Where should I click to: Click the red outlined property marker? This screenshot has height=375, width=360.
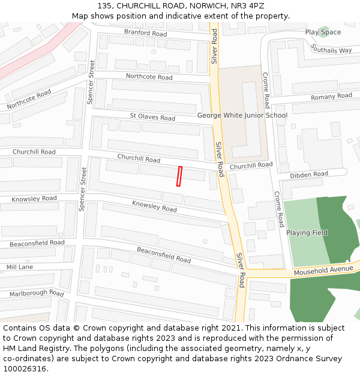pyautogui.click(x=179, y=176)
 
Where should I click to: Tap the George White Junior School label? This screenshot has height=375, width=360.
pyautogui.click(x=242, y=115)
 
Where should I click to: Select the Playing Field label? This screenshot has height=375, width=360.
pyautogui.click(x=307, y=233)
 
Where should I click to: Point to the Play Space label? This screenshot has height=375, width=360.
pyautogui.click(x=323, y=32)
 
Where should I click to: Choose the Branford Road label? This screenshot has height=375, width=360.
pyautogui.click(x=145, y=33)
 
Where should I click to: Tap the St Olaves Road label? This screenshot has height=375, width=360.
pyautogui.click(x=152, y=116)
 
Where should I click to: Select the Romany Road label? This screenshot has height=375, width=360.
pyautogui.click(x=331, y=97)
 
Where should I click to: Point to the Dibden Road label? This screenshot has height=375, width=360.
pyautogui.click(x=308, y=175)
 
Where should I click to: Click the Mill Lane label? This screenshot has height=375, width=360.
pyautogui.click(x=20, y=267)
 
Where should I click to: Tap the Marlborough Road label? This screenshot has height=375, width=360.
pyautogui.click(x=36, y=293)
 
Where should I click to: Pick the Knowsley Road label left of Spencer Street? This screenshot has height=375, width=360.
pyautogui.click(x=34, y=199)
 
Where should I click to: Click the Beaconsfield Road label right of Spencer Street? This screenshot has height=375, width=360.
pyautogui.click(x=163, y=255)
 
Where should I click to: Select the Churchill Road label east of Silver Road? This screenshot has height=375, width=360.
pyautogui.click(x=251, y=165)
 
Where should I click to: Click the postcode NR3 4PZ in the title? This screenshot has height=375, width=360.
pyautogui.click(x=247, y=6)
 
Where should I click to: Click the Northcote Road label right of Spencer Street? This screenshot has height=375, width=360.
pyautogui.click(x=149, y=77)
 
